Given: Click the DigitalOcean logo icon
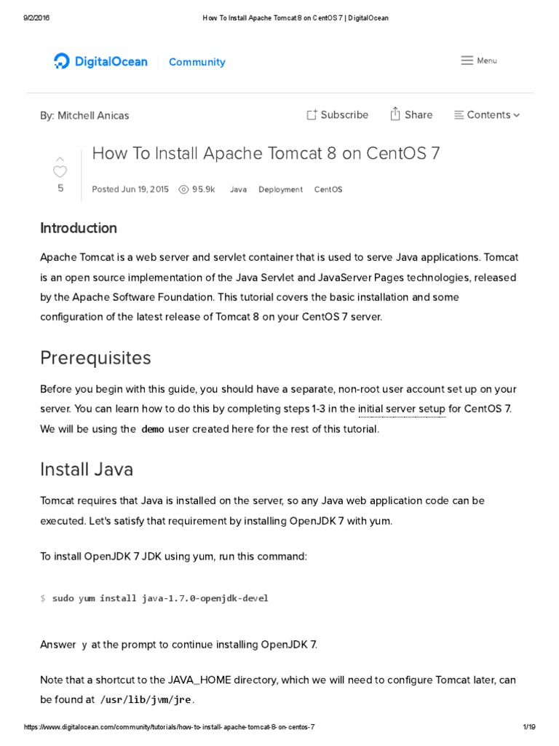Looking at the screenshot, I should (x=62, y=62).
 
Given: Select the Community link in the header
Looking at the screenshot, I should (x=197, y=62).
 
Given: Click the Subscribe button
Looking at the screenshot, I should (x=337, y=114).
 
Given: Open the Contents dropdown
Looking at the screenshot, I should (x=487, y=114).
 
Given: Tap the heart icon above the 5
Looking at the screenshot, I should (x=60, y=171).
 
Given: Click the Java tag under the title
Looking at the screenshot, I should (x=238, y=189).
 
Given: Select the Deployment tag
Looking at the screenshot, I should (x=280, y=189).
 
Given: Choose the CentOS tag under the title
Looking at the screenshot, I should (x=328, y=189).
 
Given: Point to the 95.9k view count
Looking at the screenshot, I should (x=197, y=189).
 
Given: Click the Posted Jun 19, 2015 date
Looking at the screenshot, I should (x=130, y=189).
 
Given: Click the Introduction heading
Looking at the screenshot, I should (x=79, y=228).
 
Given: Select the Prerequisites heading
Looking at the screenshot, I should (x=95, y=358).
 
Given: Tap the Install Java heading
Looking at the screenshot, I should (x=87, y=468).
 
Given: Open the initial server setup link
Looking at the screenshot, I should (x=401, y=409).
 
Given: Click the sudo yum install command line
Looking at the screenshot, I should (x=160, y=598).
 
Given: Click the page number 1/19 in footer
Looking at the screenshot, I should (x=528, y=728).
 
